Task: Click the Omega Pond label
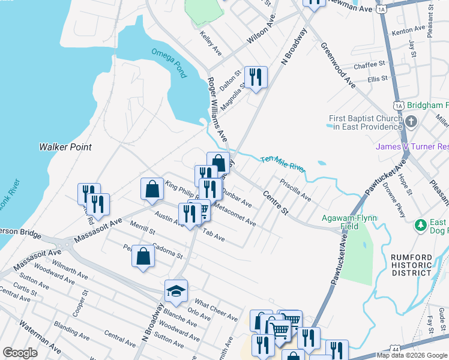[x=169, y=63]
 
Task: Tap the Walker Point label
[x=65, y=147]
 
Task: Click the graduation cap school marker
[x=176, y=291]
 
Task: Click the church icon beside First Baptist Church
[x=411, y=122]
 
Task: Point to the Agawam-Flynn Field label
[x=349, y=222]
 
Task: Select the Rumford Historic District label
[x=412, y=265]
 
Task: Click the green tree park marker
[x=421, y=226]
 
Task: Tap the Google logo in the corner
[x=20, y=353]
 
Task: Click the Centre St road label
[x=276, y=203]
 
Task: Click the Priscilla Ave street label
[x=295, y=188]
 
